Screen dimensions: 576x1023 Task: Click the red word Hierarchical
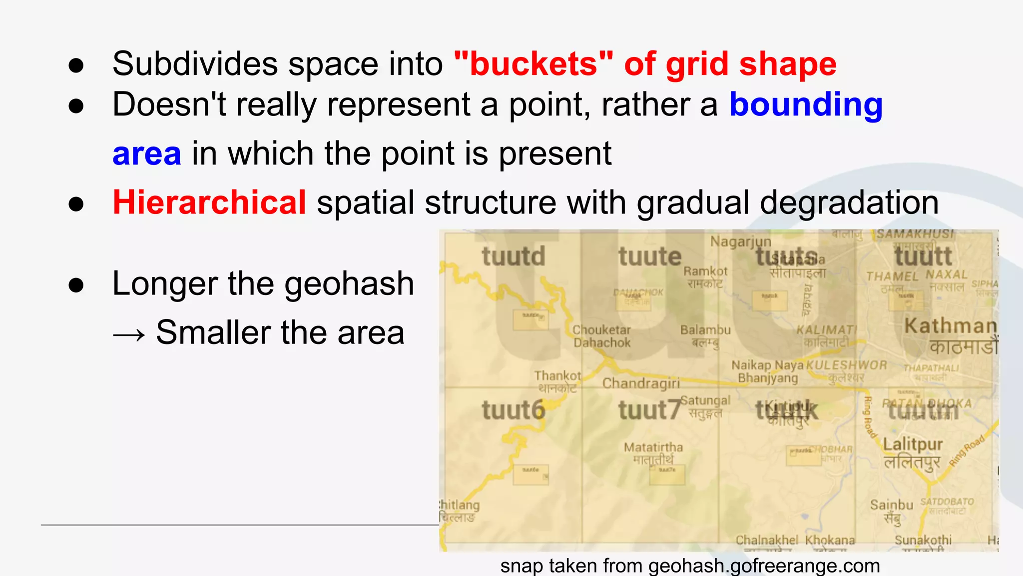click(x=209, y=202)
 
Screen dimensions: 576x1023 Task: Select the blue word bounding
click(x=806, y=105)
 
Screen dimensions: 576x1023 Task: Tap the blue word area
click(x=146, y=153)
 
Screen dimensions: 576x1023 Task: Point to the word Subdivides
click(x=195, y=64)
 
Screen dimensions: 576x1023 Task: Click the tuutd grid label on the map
click(x=513, y=256)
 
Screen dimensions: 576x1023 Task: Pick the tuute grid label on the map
click(x=649, y=256)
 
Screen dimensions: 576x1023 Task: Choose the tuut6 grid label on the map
click(x=513, y=410)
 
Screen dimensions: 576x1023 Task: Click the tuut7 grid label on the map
click(x=649, y=410)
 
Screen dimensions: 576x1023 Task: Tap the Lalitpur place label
click(x=913, y=444)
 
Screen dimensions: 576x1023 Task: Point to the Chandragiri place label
click(x=641, y=383)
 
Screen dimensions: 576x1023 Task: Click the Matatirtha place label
click(x=653, y=447)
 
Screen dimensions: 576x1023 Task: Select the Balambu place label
click(x=705, y=330)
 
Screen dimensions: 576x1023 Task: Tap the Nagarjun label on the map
click(x=741, y=242)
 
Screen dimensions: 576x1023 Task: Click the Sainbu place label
click(x=891, y=505)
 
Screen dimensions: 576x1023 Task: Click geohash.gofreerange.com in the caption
click(x=764, y=566)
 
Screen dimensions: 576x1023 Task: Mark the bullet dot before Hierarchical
click(x=76, y=203)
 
